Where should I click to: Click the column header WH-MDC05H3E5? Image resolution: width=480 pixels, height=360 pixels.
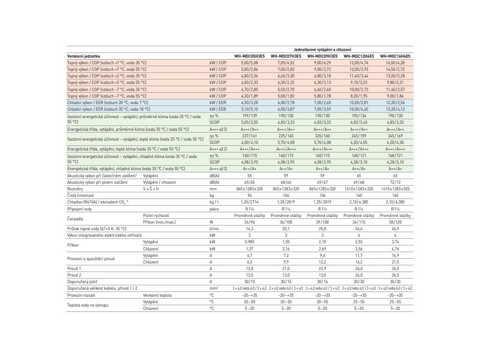[x=249, y=56]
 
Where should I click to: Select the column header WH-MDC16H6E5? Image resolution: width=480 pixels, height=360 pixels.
[x=396, y=56]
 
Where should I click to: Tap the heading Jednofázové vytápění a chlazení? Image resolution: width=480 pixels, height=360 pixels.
[x=322, y=49]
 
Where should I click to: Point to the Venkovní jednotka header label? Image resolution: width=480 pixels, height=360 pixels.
[x=83, y=56]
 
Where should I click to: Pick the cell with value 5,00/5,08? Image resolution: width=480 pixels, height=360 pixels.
[x=249, y=62]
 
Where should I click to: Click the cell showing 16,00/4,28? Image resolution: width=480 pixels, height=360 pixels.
[x=396, y=62]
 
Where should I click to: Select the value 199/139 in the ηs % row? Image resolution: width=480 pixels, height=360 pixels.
[x=249, y=115]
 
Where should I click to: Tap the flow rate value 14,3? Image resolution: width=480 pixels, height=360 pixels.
[x=249, y=228]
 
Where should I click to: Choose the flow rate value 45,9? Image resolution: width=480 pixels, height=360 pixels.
[x=396, y=228]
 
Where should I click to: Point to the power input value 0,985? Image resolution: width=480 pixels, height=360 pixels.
[x=249, y=241]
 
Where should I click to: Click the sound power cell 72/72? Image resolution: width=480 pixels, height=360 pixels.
[x=396, y=181]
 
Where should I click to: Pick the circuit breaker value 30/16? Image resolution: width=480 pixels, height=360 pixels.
[x=322, y=281]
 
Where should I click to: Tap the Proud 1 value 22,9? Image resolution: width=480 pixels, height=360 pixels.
[x=322, y=268]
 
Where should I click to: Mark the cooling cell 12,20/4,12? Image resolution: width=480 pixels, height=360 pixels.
[x=396, y=109]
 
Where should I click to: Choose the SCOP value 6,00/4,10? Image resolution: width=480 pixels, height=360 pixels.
[x=249, y=142]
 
